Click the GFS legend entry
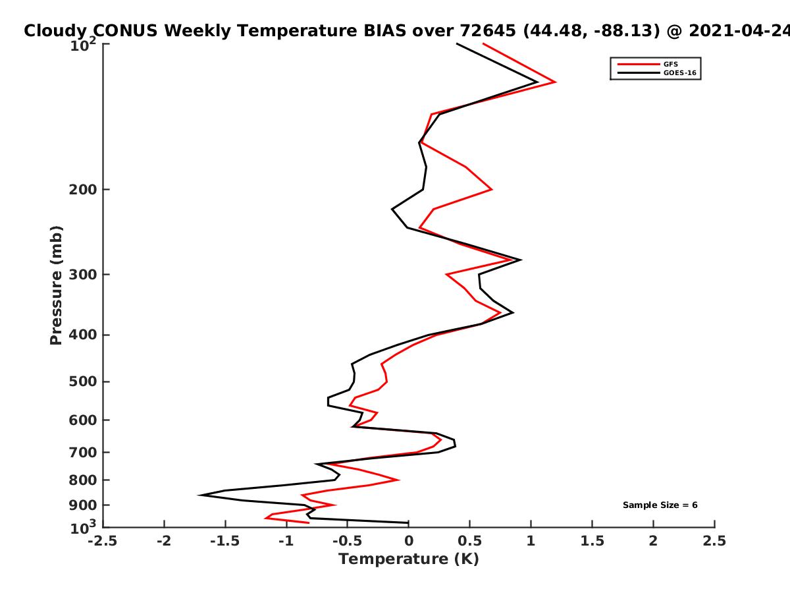648,65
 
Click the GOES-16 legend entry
657,73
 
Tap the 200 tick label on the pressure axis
83,190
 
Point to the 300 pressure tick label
83,275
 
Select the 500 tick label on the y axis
83,381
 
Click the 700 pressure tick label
83,453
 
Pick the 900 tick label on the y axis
83,505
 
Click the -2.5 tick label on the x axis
103,541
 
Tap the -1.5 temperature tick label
225,541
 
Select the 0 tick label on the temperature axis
409,541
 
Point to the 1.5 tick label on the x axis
592,541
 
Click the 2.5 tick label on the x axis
714,541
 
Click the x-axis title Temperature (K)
409,559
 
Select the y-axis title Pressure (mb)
56,285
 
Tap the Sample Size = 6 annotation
660,505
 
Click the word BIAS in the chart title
384,31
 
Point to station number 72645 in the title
488,31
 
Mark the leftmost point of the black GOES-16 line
199,495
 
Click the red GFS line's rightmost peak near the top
556,82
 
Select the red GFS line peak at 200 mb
492,189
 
